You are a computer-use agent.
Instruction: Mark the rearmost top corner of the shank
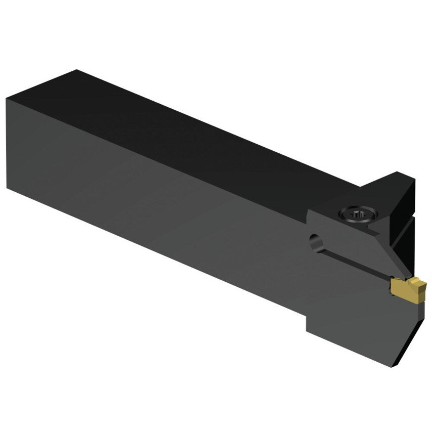click(x=76, y=70)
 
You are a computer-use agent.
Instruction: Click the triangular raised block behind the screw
click(x=392, y=192)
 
